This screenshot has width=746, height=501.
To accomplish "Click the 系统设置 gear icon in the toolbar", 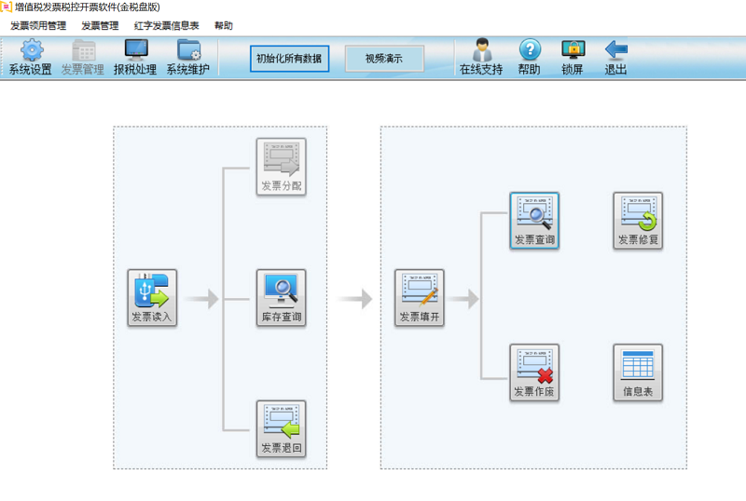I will point(31,50).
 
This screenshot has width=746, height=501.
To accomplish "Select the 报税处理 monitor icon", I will point(135,50).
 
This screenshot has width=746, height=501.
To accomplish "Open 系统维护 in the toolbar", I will point(188,50).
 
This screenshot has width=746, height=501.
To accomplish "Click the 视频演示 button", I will point(384,59).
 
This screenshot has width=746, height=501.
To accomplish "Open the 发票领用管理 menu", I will point(38,26).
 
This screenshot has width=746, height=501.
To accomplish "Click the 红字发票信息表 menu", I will point(166,26).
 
